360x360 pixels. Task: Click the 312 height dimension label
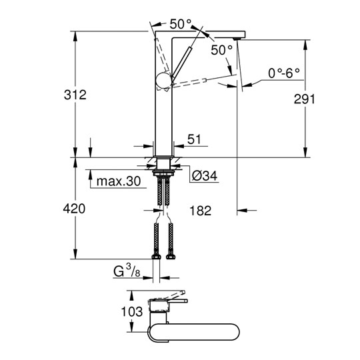click(x=75, y=95)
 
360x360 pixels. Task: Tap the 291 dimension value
click(x=305, y=99)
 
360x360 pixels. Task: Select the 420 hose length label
click(x=74, y=209)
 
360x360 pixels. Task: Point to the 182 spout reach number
click(x=201, y=211)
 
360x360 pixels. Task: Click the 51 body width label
click(x=194, y=139)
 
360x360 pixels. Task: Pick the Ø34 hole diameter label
click(x=205, y=176)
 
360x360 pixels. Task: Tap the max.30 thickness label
click(x=119, y=181)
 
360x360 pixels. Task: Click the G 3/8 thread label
click(x=127, y=271)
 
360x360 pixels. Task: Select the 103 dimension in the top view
click(x=132, y=311)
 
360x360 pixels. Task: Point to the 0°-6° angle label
click(x=284, y=73)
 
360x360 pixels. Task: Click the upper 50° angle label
click(x=181, y=24)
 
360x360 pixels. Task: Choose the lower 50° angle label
click(x=222, y=50)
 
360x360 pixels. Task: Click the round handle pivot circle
click(x=164, y=81)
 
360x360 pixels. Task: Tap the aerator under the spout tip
click(x=236, y=39)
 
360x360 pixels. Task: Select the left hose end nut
click(x=157, y=257)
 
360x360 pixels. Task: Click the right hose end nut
click(x=171, y=257)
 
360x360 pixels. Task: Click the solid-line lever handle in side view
click(x=181, y=61)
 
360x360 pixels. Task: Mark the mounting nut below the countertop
click(x=163, y=173)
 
